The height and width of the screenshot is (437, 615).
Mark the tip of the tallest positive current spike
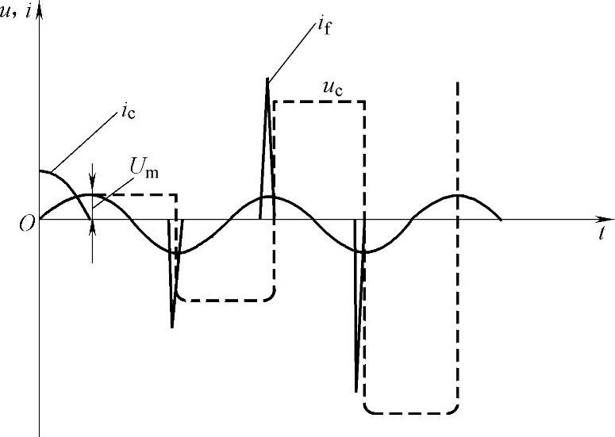(267, 78)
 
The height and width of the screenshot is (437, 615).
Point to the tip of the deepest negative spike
(356, 391)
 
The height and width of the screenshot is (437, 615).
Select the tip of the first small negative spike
(172, 327)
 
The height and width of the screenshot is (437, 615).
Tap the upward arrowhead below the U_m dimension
(93, 225)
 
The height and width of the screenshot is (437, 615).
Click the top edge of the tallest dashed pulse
(317, 102)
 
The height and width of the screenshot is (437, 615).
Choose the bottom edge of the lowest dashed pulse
(410, 412)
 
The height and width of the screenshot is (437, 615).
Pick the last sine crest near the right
(458, 194)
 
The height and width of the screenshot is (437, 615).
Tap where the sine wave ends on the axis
(502, 219)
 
